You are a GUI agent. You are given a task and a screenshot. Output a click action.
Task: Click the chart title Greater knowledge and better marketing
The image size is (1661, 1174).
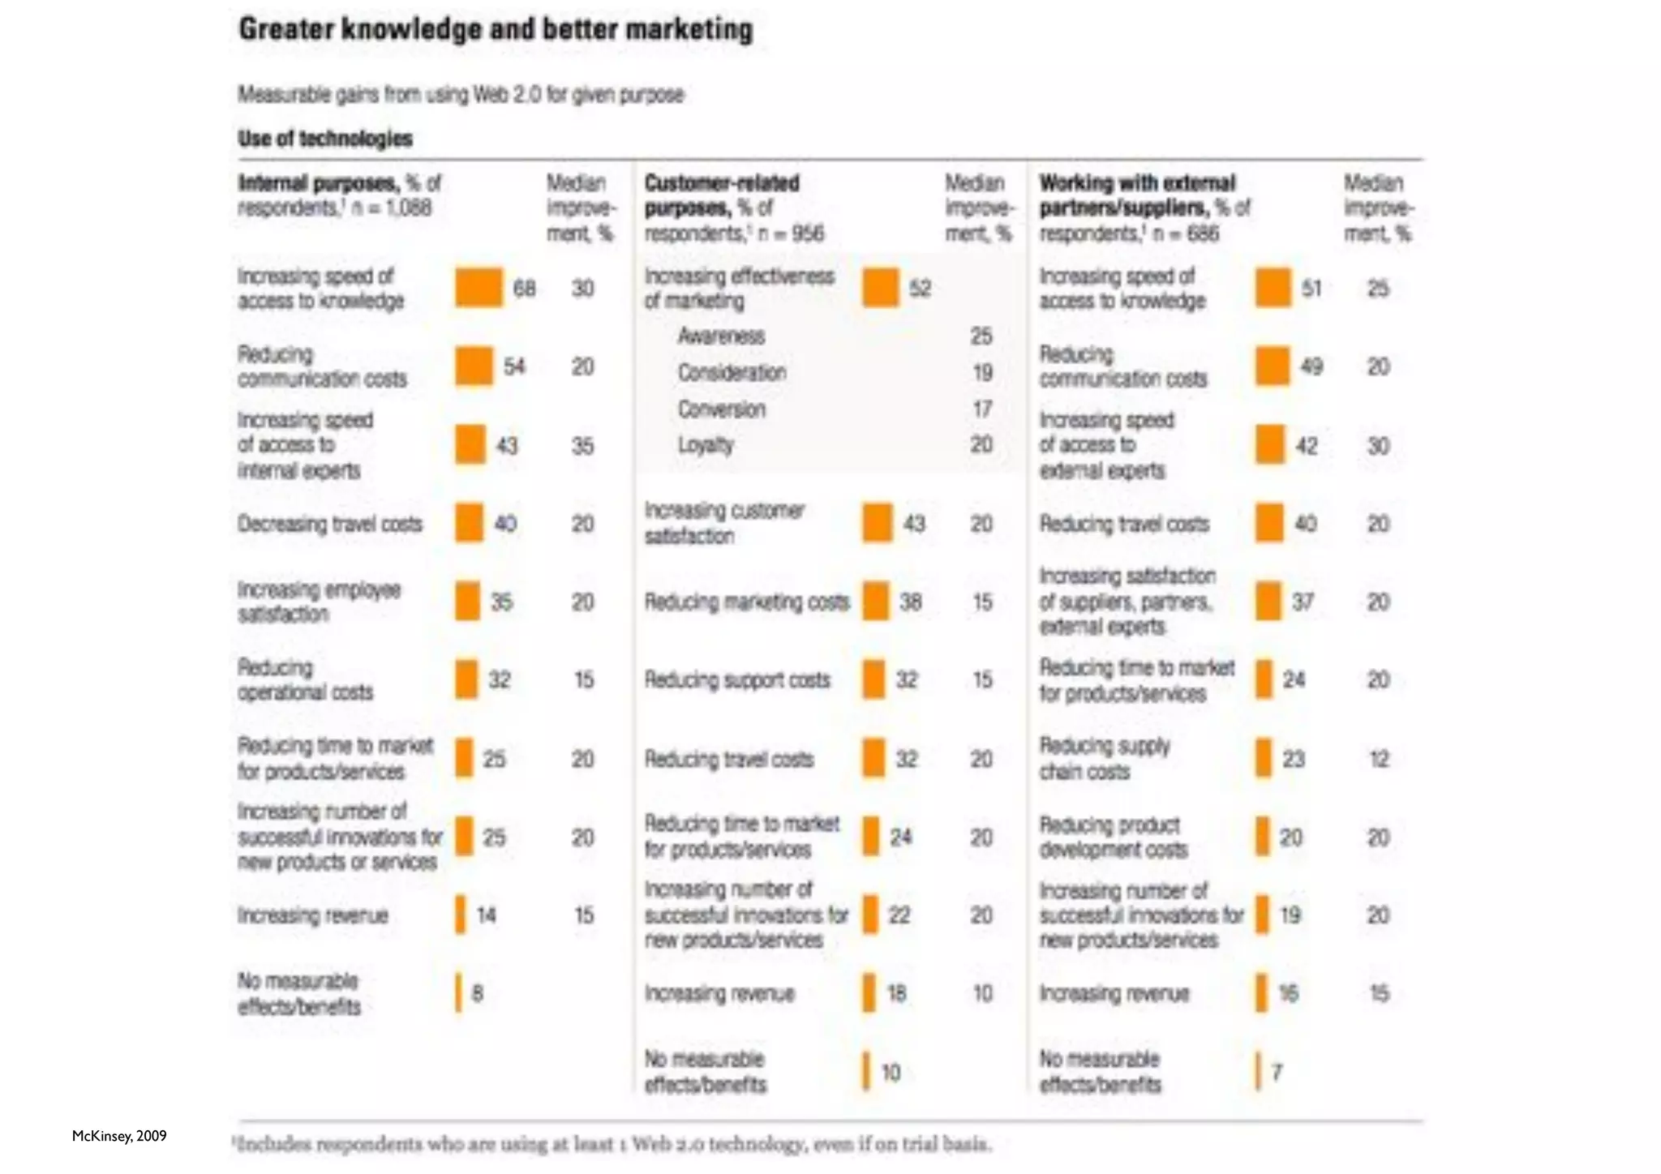(x=496, y=30)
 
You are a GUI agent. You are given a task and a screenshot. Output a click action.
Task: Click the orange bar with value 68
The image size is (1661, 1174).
(x=479, y=288)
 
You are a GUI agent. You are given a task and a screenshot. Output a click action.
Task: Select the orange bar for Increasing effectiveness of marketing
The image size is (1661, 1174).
(x=881, y=288)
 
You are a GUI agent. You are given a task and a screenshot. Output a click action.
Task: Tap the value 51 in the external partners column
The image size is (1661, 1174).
(x=1311, y=288)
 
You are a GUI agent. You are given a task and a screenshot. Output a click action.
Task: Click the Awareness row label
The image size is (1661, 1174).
(x=721, y=336)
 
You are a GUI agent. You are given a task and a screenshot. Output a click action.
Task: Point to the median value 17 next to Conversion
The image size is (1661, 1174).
(x=982, y=409)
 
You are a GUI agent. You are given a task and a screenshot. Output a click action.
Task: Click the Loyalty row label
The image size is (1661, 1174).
(x=706, y=445)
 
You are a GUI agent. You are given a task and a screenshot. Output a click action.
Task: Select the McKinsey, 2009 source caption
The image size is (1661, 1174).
(x=119, y=1136)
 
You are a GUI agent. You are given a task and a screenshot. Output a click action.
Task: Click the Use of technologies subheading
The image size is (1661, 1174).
(x=325, y=139)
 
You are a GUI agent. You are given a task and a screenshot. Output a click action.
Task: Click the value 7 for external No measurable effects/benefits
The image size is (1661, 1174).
(x=1277, y=1072)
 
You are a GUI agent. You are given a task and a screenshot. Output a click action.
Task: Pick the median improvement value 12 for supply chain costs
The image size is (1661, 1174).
(x=1379, y=759)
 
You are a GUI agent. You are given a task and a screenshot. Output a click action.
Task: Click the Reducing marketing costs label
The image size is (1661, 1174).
(x=747, y=602)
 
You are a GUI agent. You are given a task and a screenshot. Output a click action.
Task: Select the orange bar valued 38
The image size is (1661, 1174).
(x=876, y=602)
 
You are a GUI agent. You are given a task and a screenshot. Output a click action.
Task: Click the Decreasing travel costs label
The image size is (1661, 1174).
(x=330, y=524)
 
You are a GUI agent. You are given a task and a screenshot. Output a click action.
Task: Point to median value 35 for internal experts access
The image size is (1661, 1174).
(x=582, y=445)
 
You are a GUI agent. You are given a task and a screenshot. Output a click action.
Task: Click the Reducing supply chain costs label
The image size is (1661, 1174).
(x=1105, y=758)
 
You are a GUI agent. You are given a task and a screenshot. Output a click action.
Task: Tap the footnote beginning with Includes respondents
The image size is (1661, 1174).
(x=612, y=1144)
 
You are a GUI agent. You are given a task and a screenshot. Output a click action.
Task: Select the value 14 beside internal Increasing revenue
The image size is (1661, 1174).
(x=486, y=915)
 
